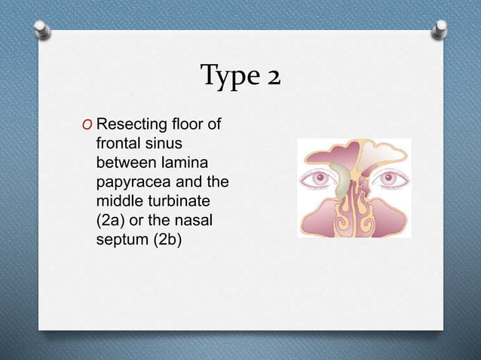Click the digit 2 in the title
270,76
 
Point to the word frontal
118,142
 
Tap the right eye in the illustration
391,179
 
